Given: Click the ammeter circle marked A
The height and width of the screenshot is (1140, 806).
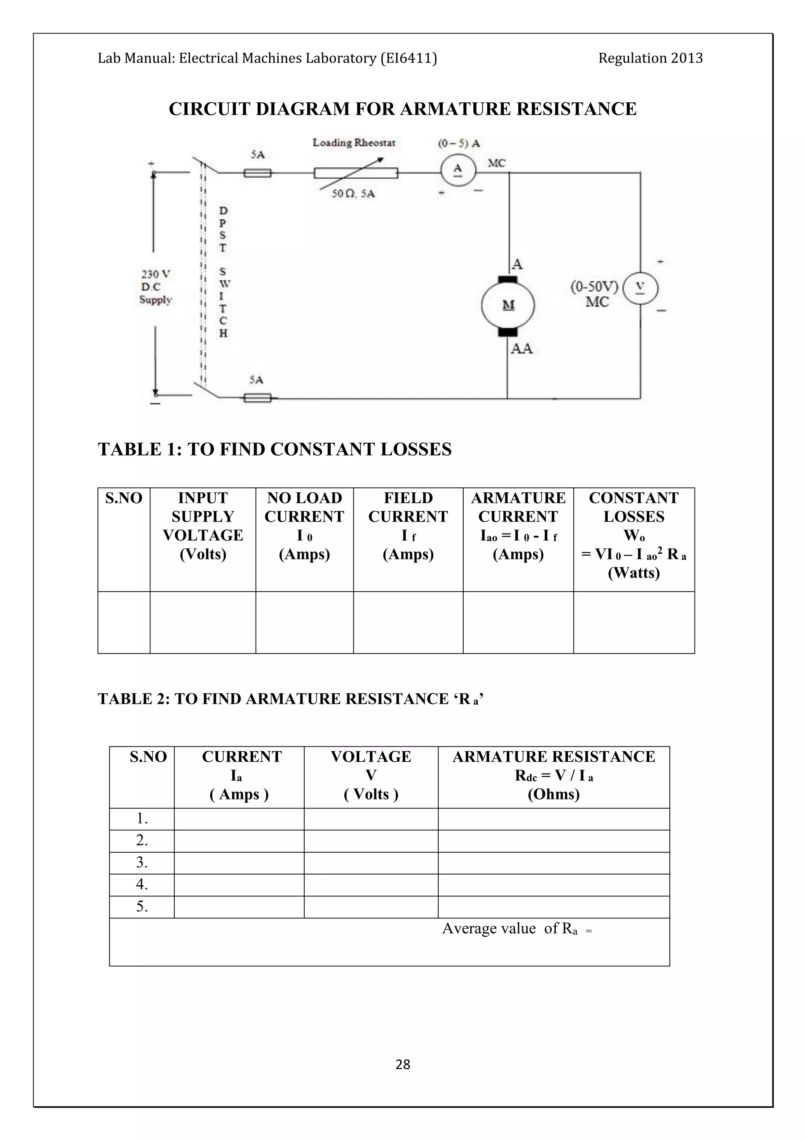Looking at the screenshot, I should click(458, 170).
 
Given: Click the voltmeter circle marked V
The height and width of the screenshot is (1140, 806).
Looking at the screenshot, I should click(640, 289).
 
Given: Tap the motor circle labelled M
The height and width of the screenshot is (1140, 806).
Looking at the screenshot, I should click(508, 304).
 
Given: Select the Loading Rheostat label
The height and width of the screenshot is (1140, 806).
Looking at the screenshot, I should click(354, 143).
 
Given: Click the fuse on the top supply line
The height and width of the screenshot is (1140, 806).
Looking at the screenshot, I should click(258, 173).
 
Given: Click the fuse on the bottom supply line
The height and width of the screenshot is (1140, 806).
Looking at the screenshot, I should click(258, 397).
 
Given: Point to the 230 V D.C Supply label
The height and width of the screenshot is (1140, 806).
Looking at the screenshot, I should click(156, 287).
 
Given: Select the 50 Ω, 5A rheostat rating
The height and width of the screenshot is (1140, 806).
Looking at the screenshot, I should click(353, 194).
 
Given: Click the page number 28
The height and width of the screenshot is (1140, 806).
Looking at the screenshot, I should click(403, 1064).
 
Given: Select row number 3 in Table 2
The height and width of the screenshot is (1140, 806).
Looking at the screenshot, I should click(142, 862).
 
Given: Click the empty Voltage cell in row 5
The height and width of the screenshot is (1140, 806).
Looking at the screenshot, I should click(371, 907).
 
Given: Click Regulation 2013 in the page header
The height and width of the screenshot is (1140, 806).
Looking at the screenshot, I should click(650, 59).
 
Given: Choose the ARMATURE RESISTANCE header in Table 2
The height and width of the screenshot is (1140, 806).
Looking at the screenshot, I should click(553, 757).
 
